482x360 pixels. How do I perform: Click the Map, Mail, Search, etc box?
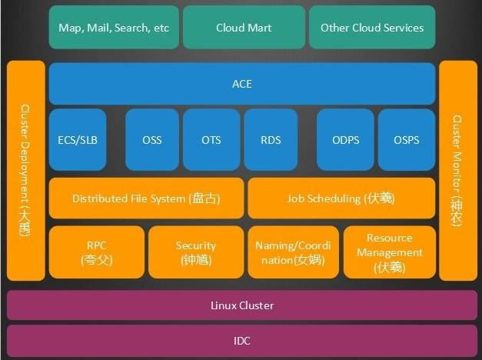114,28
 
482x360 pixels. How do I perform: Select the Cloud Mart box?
244,28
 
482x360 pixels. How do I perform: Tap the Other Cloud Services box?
372,28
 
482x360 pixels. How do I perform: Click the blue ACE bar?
242,84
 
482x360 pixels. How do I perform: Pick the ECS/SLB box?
78,139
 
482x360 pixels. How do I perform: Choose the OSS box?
152,139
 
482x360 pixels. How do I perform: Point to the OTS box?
211,139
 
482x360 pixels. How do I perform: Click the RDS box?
271,139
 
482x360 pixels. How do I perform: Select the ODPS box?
346,139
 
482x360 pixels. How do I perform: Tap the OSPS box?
407,139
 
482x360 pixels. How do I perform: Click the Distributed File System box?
146,198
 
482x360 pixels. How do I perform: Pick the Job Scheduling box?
341,198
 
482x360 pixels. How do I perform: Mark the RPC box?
97,252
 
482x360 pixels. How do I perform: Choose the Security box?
196,252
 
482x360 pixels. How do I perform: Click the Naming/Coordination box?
293,252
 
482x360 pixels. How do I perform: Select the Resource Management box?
389,252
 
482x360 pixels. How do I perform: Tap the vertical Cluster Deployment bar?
25,171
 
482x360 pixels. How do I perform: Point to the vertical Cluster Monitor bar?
458,171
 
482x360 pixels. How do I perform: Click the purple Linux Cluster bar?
242,305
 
